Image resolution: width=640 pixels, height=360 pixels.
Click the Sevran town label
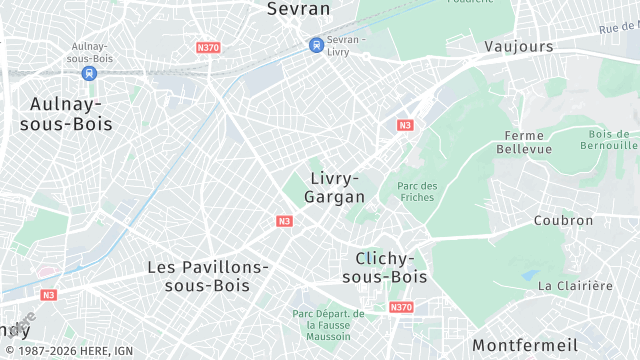coord(298,9)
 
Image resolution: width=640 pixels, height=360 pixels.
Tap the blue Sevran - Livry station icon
coord(316,44)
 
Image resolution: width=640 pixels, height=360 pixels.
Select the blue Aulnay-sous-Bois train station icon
coord(90,72)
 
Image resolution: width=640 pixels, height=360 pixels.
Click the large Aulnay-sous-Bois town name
coord(71,113)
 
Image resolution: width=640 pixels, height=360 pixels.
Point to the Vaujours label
coord(518,47)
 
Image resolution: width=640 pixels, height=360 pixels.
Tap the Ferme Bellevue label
coord(524,142)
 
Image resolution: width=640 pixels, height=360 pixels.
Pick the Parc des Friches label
coord(417,192)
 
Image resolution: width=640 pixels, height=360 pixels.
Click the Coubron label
coord(563,221)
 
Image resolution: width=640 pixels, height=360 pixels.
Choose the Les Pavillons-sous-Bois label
coord(208,276)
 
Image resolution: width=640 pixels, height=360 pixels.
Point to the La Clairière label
coord(575,286)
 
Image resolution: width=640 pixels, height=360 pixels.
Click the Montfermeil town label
coord(525,344)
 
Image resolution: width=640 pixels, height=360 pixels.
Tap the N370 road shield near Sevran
coord(209,47)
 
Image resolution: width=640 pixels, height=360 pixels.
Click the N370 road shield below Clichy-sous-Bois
coord(401,307)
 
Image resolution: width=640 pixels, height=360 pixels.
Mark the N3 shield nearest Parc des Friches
coord(404,125)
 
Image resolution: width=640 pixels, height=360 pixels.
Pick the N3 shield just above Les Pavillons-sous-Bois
coord(285,221)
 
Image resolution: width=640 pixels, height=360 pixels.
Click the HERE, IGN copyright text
coord(67,351)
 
